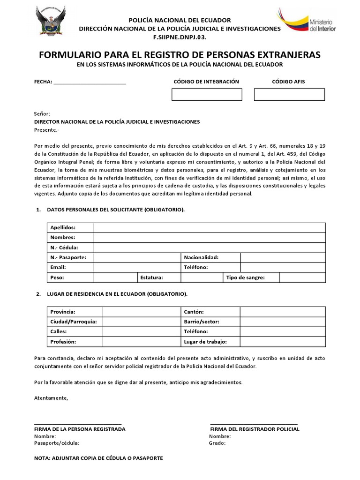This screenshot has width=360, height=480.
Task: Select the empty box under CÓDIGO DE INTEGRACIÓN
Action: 207,95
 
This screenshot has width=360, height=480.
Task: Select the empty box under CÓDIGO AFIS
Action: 289,95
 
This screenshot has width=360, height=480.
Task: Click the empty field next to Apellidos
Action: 210,228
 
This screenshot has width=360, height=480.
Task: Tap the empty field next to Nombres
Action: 210,238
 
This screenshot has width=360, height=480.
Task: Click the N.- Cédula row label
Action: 64,247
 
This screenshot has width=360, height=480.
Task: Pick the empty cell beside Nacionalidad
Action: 283,257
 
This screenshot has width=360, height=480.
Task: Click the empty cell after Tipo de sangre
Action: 302,277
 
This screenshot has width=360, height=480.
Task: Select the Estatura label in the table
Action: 151,277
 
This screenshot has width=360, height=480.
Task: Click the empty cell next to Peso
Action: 115,277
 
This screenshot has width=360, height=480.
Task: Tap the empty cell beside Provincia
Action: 142,312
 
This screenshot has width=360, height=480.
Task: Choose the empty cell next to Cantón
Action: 283,312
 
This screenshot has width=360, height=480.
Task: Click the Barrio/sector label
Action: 202,322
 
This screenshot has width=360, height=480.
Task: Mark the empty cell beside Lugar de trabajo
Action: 283,342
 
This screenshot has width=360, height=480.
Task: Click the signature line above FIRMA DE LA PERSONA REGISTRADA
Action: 78,424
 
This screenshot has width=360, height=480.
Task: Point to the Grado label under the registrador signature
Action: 217,443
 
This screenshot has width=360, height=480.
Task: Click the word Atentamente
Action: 51,398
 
